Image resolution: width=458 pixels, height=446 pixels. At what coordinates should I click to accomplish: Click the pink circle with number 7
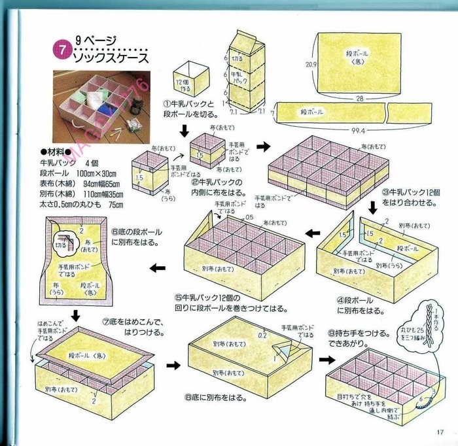pos(61,50)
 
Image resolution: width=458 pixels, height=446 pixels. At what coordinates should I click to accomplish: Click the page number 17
pos(438,430)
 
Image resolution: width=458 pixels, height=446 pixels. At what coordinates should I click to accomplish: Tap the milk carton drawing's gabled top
pos(245,43)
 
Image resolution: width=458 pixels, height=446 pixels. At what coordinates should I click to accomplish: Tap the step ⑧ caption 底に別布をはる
pos(225,396)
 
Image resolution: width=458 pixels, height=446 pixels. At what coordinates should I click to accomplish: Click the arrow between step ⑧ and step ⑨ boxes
pos(325,359)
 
